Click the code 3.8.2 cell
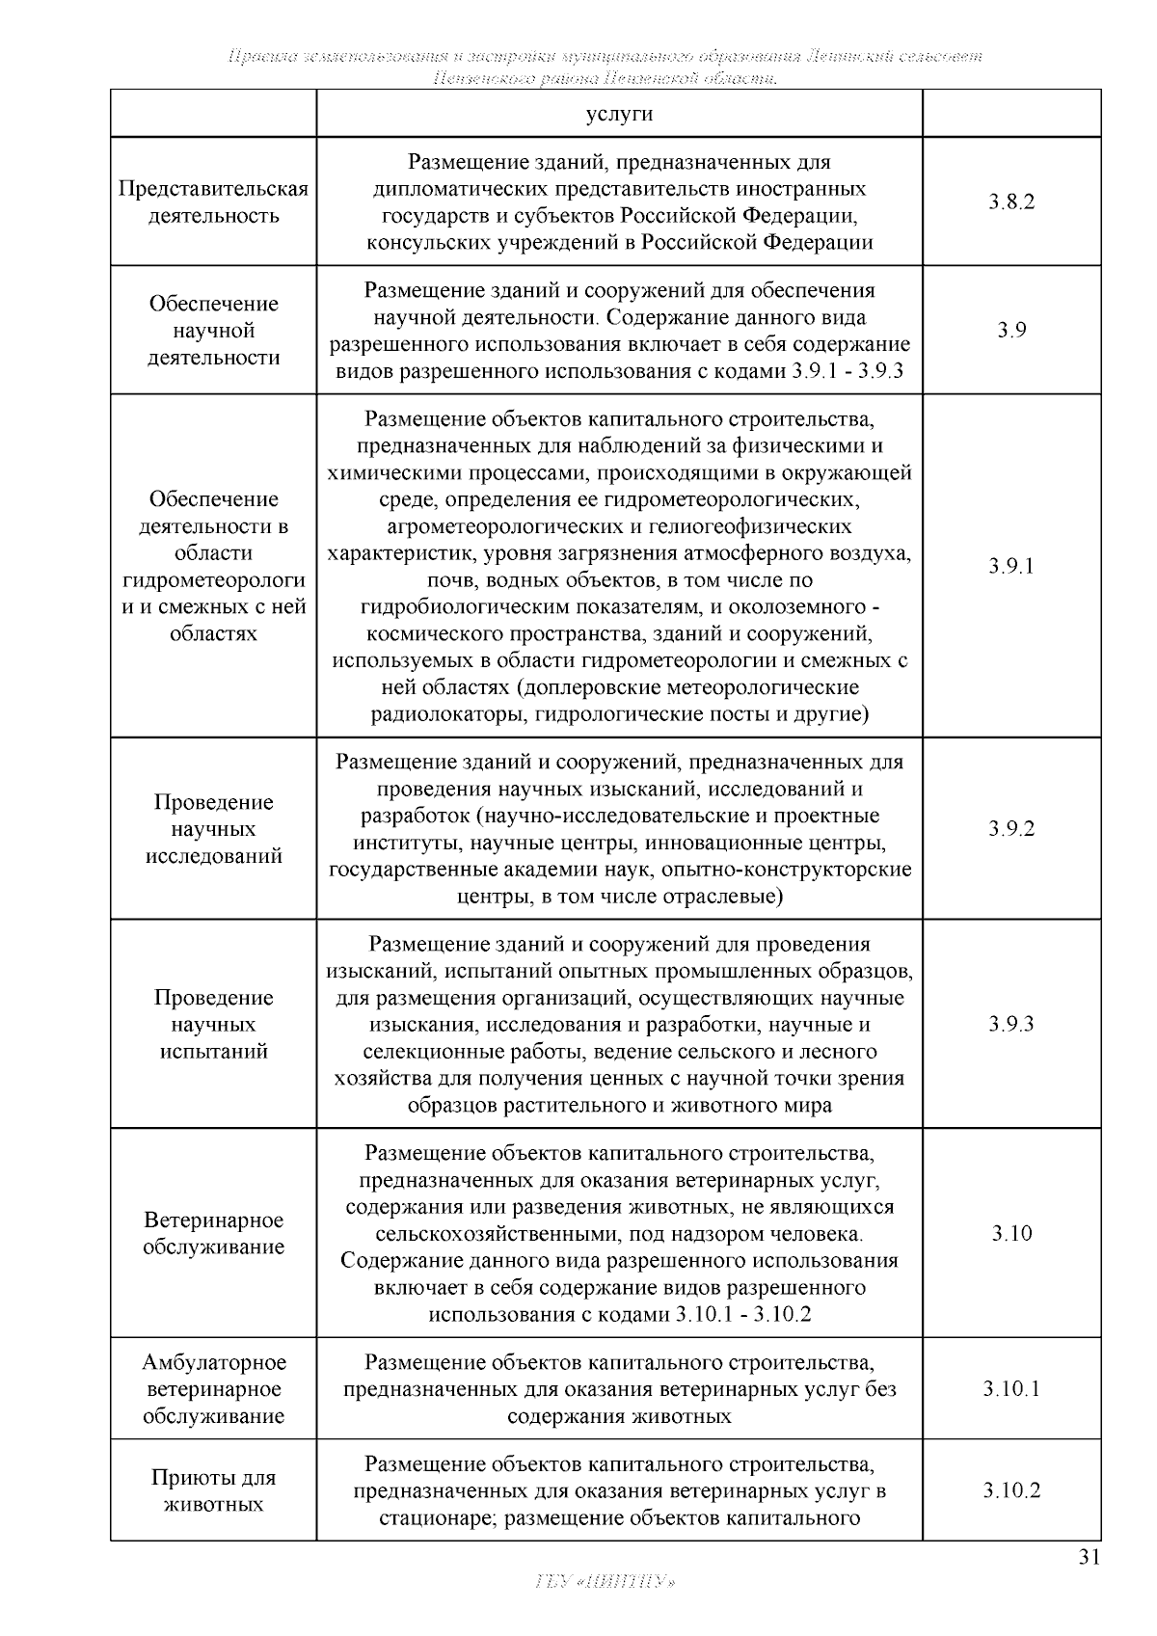(x=1011, y=202)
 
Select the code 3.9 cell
(x=1011, y=331)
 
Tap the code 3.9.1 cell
(x=1011, y=566)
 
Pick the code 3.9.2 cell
(x=1011, y=829)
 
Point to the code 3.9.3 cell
(x=1011, y=1024)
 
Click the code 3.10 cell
(x=1011, y=1234)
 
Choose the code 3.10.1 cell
(x=1011, y=1389)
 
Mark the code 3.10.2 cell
(x=1011, y=1490)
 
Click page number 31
(x=1089, y=1558)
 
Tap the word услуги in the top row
(x=619, y=114)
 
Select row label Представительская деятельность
(x=213, y=202)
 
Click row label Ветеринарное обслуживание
(x=213, y=1234)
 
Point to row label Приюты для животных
(x=213, y=1490)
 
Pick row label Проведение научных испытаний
(x=213, y=1024)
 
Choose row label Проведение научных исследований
(x=213, y=829)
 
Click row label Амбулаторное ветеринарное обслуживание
(x=213, y=1389)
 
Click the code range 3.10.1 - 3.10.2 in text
(x=743, y=1315)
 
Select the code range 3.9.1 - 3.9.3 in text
(x=847, y=372)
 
